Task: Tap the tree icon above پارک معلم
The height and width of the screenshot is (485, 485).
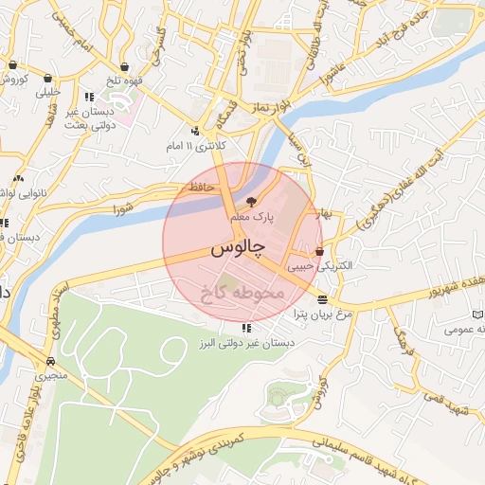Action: tap(251, 201)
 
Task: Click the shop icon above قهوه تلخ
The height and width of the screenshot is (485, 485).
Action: tap(124, 66)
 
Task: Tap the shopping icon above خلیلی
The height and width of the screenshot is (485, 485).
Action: tap(47, 79)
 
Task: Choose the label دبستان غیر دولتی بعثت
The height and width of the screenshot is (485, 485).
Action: tap(90, 118)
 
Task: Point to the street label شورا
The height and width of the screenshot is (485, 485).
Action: tap(123, 207)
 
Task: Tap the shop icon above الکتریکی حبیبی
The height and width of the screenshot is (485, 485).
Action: tap(319, 252)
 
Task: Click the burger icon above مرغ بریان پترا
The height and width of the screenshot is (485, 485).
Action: tap(324, 298)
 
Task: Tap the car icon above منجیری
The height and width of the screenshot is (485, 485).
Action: tap(49, 361)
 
